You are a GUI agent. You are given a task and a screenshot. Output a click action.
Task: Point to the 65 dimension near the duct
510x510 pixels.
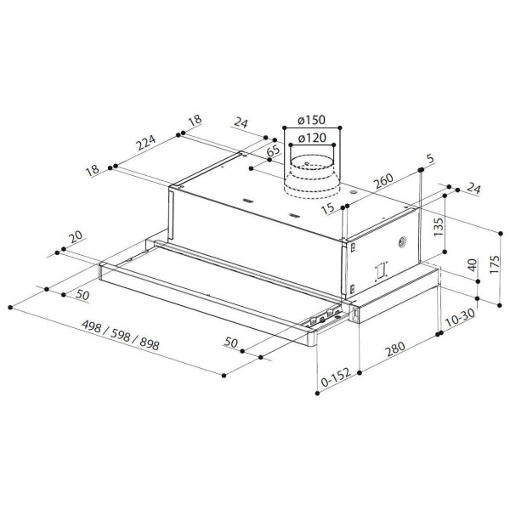click(273, 152)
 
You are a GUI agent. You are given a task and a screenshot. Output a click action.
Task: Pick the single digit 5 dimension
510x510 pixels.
click(431, 158)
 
